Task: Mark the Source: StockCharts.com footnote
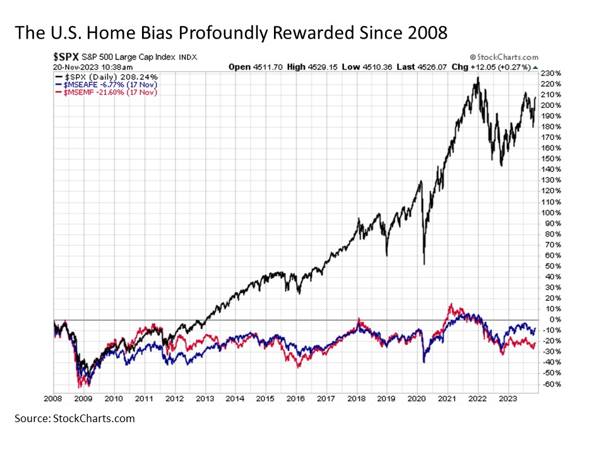click(74, 418)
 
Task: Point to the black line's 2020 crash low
click(424, 264)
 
